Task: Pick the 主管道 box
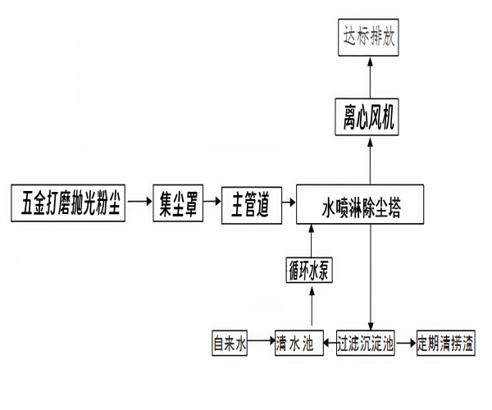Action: (x=249, y=202)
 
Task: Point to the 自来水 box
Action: (x=230, y=341)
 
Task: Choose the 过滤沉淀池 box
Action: (x=367, y=341)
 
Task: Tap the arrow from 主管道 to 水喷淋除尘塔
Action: (x=285, y=202)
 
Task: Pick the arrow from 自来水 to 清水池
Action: (x=261, y=341)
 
